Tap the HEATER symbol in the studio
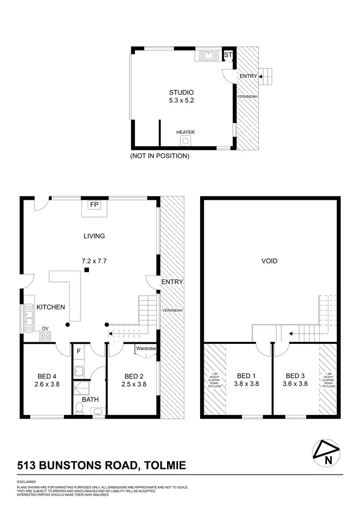185,140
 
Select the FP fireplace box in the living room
94,205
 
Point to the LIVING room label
94,236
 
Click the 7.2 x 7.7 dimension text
94,261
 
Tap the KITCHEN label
51,307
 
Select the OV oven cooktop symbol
46,336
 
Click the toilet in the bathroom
80,408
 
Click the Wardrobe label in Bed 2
146,349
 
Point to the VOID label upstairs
269,261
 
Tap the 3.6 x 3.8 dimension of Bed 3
296,384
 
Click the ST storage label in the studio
228,55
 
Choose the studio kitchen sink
208,56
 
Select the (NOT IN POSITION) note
160,156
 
